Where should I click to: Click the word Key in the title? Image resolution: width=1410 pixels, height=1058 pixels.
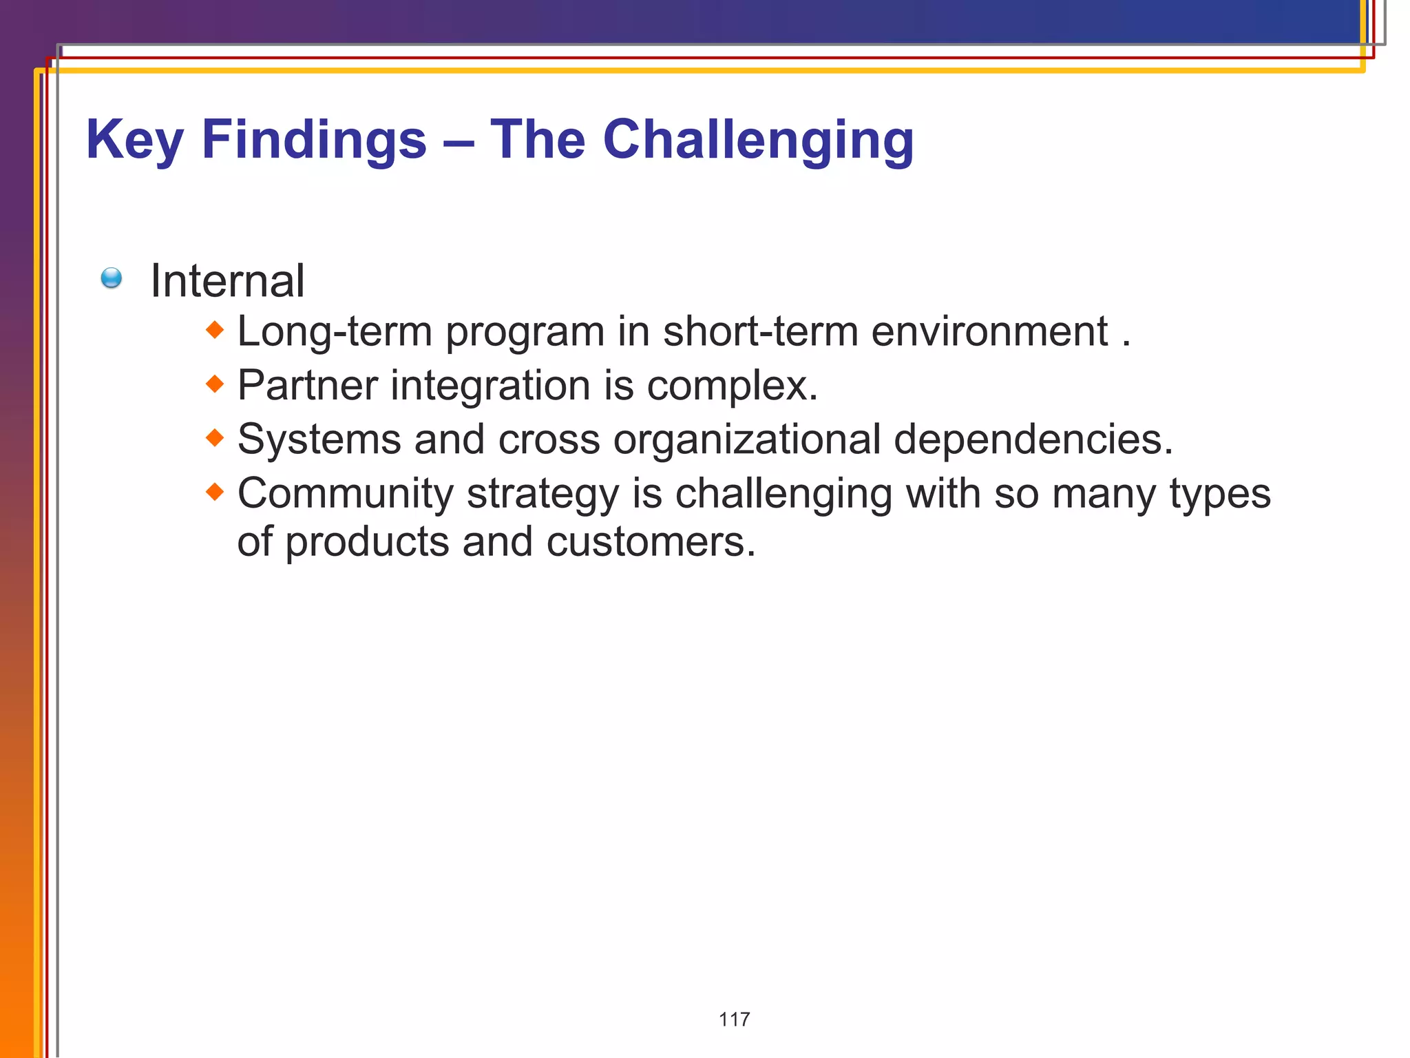coord(134,141)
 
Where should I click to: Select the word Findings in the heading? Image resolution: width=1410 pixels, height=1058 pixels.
coord(314,141)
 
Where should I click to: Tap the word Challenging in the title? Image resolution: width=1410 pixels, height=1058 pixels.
coord(758,141)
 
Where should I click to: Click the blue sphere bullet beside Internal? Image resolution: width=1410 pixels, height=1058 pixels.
coord(111,278)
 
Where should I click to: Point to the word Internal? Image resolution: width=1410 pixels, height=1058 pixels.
coord(227,281)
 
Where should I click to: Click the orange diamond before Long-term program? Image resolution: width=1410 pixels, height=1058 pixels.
coord(215,330)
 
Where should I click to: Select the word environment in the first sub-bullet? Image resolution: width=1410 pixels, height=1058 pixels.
coord(989,331)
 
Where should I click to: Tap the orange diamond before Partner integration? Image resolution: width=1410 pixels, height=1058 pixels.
coord(215,384)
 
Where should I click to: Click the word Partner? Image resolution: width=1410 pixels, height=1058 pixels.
coord(307,385)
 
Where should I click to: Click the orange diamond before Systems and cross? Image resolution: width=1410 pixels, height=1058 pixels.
coord(215,437)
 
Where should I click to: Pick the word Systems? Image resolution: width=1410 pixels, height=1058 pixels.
coord(319,439)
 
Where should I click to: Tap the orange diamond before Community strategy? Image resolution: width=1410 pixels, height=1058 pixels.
coord(215,492)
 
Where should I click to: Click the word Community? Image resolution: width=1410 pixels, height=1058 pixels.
coord(345,494)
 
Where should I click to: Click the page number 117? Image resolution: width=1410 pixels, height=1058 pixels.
coord(734,1019)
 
